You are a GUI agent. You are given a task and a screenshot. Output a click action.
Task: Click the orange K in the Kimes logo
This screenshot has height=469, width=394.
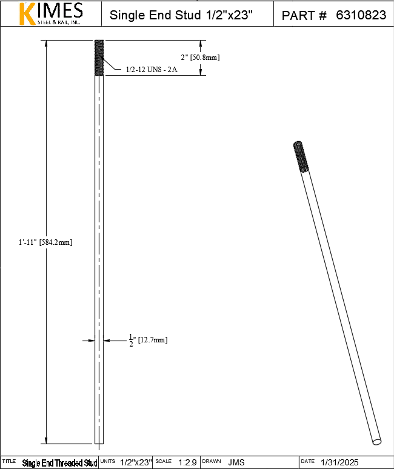pos(27,14)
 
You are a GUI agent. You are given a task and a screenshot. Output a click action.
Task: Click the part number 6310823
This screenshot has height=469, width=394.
pos(361,15)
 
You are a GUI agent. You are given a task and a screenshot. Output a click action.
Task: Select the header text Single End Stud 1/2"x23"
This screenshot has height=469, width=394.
pos(181,15)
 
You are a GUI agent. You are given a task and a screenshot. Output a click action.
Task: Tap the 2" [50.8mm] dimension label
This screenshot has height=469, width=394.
pos(200,57)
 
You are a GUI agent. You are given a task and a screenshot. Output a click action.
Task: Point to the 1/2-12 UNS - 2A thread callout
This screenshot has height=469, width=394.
pos(152,70)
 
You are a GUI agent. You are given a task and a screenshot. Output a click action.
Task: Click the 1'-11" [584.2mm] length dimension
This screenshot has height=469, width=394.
pos(45,242)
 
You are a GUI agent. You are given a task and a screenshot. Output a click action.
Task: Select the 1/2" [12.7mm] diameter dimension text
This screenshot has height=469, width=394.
pos(148,341)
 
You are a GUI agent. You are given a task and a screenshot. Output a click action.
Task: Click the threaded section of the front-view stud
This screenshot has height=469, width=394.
pos(99,58)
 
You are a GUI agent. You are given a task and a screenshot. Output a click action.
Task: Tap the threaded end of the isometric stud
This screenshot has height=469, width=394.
pos(301,156)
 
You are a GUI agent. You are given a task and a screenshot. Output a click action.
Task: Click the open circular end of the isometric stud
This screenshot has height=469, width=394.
pos(377,442)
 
